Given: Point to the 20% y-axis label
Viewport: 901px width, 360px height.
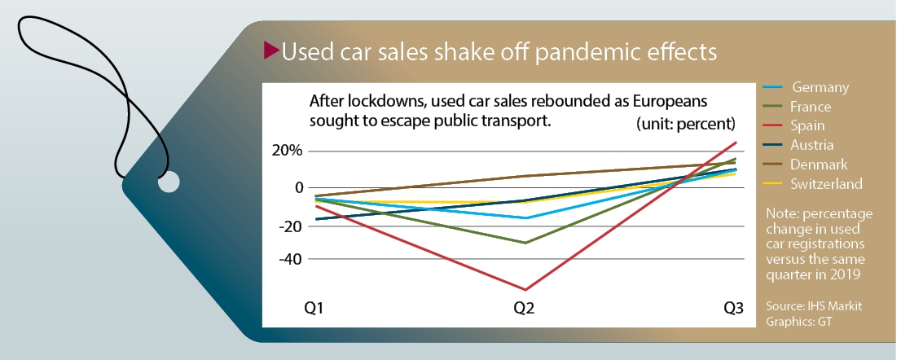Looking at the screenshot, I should pyautogui.click(x=287, y=151).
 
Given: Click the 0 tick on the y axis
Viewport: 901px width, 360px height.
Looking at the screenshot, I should pyautogui.click(x=299, y=188).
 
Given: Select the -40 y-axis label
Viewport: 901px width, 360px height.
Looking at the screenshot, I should pyautogui.click(x=289, y=258).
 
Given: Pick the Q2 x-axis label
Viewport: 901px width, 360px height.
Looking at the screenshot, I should pyautogui.click(x=525, y=309).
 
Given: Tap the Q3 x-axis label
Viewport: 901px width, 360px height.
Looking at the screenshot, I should pyautogui.click(x=734, y=309).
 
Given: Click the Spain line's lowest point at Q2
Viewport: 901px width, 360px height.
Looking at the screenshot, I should pyautogui.click(x=525, y=289).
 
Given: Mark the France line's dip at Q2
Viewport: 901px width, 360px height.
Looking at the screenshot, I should pyautogui.click(x=525, y=243).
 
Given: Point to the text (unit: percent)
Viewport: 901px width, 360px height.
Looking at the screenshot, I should pyautogui.click(x=686, y=125).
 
